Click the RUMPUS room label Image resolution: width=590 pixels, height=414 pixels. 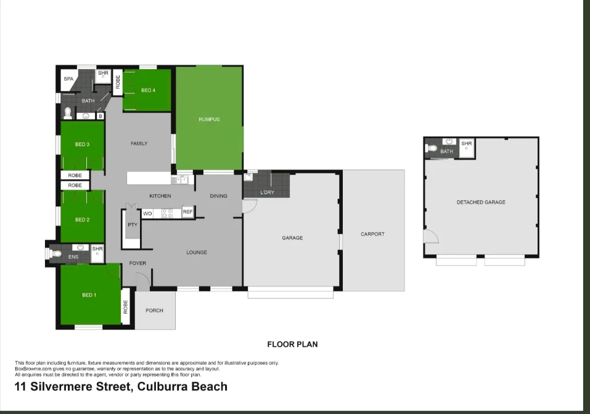(209, 120)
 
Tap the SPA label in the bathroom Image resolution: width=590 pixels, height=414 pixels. (68, 79)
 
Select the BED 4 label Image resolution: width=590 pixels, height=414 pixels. (148, 91)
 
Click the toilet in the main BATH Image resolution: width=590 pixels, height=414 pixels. (67, 113)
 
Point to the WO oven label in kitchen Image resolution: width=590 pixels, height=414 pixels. (148, 213)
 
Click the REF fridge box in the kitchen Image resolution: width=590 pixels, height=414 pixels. (187, 213)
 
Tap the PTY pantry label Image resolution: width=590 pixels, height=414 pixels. (132, 225)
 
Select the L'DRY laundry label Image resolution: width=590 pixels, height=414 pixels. (267, 193)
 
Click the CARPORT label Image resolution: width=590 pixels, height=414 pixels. (372, 234)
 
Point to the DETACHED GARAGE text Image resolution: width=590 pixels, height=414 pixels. (481, 202)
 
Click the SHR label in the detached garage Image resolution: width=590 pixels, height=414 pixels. (466, 144)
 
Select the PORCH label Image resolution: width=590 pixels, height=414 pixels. (154, 310)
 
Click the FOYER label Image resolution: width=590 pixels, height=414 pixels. (137, 263)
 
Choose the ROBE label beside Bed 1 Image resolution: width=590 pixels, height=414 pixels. (126, 306)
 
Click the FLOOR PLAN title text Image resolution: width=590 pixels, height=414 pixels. (292, 344)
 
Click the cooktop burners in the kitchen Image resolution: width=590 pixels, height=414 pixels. (167, 213)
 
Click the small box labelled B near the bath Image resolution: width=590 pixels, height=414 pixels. (100, 115)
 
